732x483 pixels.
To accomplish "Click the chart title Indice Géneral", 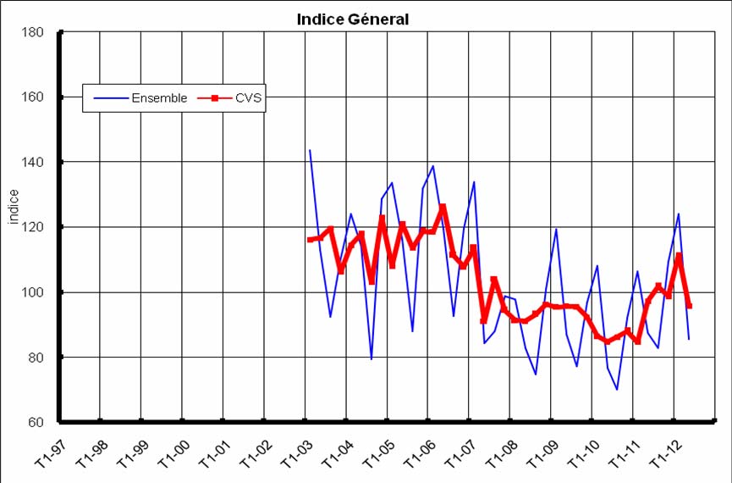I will (x=353, y=19).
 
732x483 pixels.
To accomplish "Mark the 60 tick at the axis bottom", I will (x=38, y=422).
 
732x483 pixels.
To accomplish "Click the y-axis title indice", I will (x=14, y=208).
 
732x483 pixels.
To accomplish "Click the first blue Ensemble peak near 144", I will (x=310, y=150).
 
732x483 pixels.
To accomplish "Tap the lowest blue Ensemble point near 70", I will (x=617, y=389).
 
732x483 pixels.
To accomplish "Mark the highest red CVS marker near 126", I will (x=443, y=207).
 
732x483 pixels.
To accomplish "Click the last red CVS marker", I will (x=689, y=306).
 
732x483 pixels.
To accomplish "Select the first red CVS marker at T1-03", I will (x=310, y=240).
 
